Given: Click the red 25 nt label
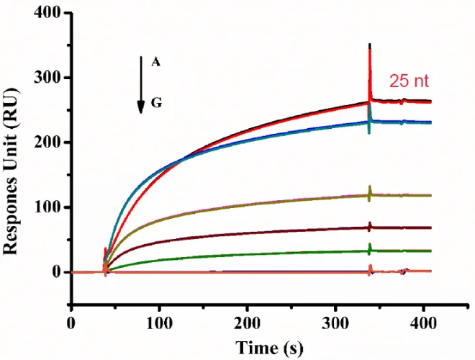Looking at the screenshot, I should coord(410,81).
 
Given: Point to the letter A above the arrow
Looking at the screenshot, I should coord(155,62).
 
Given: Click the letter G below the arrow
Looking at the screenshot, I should coord(156,104).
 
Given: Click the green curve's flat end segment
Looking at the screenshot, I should coord(410,251).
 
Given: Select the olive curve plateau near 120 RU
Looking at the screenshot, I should coord(410,195).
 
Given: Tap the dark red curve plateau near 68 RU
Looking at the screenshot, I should coord(410,228).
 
